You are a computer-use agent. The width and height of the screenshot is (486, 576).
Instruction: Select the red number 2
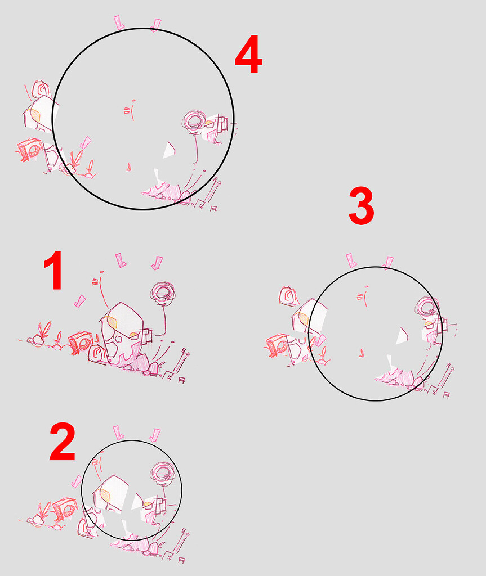pyautogui.click(x=62, y=442)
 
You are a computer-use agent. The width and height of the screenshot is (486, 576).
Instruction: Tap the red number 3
pyautogui.click(x=361, y=206)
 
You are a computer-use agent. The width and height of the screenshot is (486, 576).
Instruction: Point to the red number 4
pyautogui.click(x=248, y=57)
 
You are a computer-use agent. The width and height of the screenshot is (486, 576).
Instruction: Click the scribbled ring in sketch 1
pyautogui.click(x=163, y=292)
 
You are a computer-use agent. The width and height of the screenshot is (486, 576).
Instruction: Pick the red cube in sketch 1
pyautogui.click(x=81, y=342)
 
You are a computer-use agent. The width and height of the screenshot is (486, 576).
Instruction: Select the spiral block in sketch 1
pyautogui.click(x=97, y=354)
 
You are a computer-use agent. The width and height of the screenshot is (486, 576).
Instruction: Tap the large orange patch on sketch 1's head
pyautogui.click(x=112, y=322)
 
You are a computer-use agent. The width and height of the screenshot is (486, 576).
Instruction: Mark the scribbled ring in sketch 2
pyautogui.click(x=163, y=473)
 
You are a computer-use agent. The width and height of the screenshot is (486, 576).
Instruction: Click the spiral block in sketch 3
pyautogui.click(x=289, y=296)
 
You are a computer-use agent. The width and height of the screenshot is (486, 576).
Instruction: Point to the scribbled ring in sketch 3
pyautogui.click(x=428, y=308)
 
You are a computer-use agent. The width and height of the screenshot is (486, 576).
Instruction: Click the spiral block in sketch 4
pyautogui.click(x=41, y=89)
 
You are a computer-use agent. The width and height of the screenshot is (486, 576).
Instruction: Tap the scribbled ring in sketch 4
pyautogui.click(x=195, y=120)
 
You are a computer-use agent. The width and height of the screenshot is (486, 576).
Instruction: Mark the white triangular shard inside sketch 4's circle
pyautogui.click(x=168, y=150)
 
